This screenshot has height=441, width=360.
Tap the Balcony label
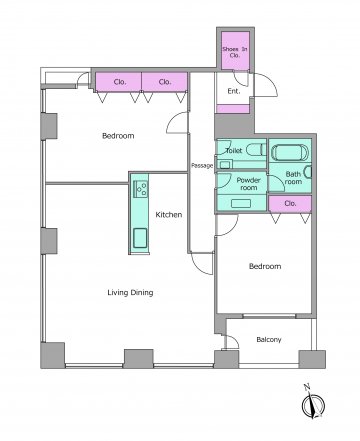point(269,340)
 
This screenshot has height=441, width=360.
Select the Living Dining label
point(130,293)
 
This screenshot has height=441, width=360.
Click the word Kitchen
point(169,215)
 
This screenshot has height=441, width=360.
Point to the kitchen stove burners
point(141,189)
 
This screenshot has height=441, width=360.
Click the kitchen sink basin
point(140,238)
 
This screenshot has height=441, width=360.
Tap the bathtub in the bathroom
point(290,152)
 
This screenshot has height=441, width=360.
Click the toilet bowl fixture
point(256,149)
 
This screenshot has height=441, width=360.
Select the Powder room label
point(249,184)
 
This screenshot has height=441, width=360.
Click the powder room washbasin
point(241,203)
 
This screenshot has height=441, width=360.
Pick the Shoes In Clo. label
point(235,52)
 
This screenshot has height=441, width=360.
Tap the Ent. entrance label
point(234,91)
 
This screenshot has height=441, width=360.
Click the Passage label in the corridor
point(202,165)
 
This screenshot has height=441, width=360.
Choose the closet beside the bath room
point(290,204)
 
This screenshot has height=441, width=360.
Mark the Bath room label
point(293,178)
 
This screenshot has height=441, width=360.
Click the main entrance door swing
point(265,85)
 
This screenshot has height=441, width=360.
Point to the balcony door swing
point(232,342)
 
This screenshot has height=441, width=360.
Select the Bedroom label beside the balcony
point(265,266)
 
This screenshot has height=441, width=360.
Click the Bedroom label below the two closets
point(118,136)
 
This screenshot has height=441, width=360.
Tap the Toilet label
point(234,151)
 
